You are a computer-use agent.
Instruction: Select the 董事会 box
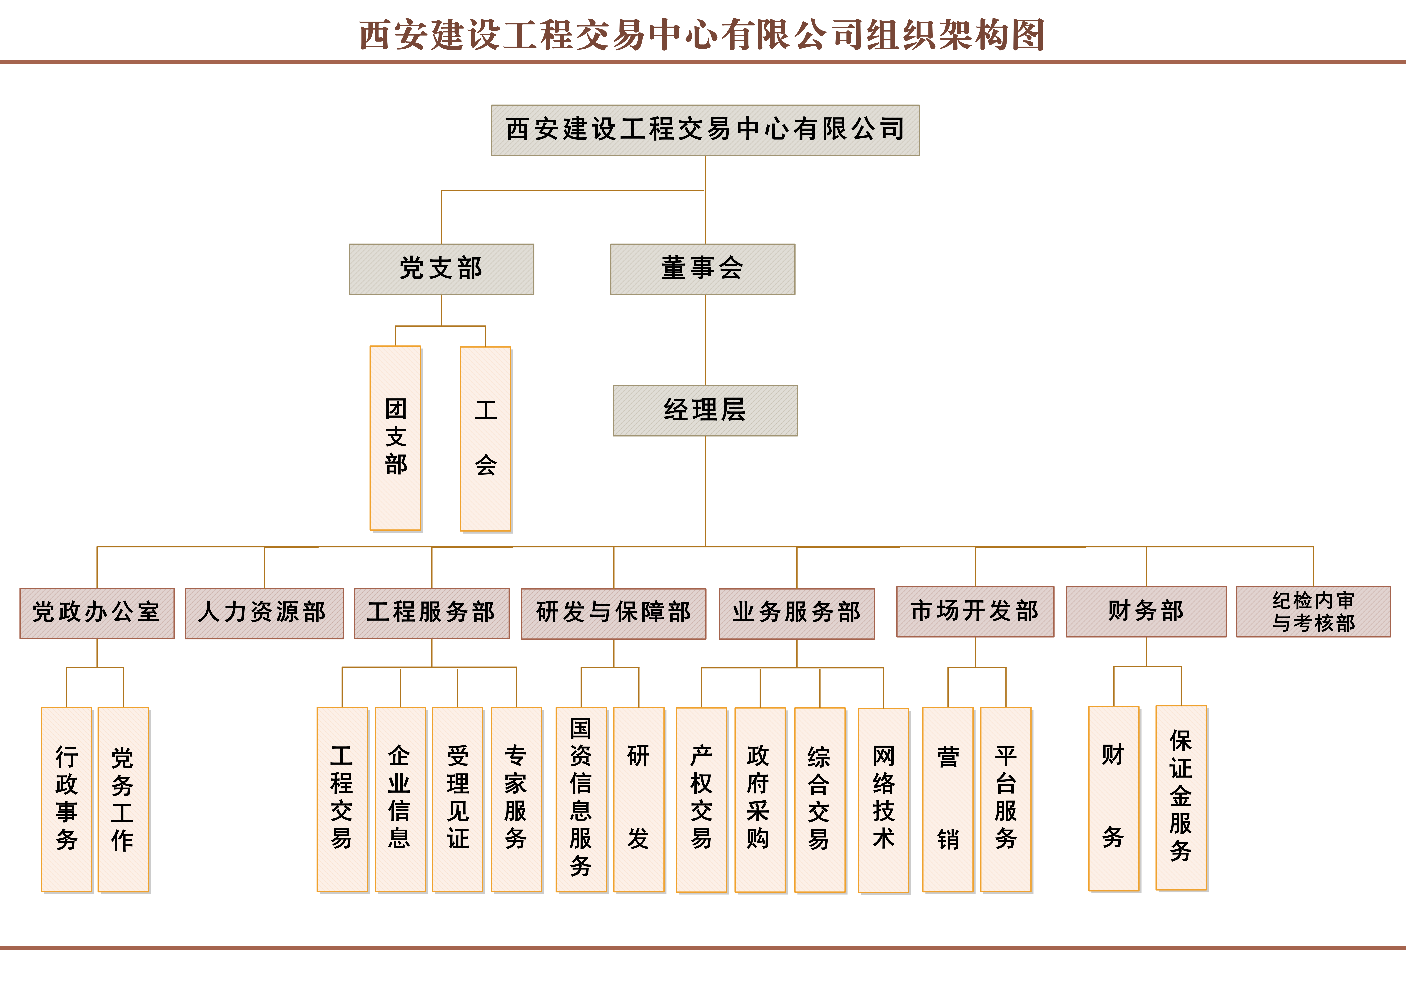(702, 269)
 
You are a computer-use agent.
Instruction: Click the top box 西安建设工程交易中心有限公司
(705, 130)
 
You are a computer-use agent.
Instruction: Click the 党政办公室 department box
(97, 613)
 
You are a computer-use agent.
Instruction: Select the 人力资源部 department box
(264, 613)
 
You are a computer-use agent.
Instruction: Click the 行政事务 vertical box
(67, 799)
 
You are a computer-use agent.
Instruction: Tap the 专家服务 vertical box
(516, 799)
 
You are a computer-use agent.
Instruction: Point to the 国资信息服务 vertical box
(581, 799)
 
